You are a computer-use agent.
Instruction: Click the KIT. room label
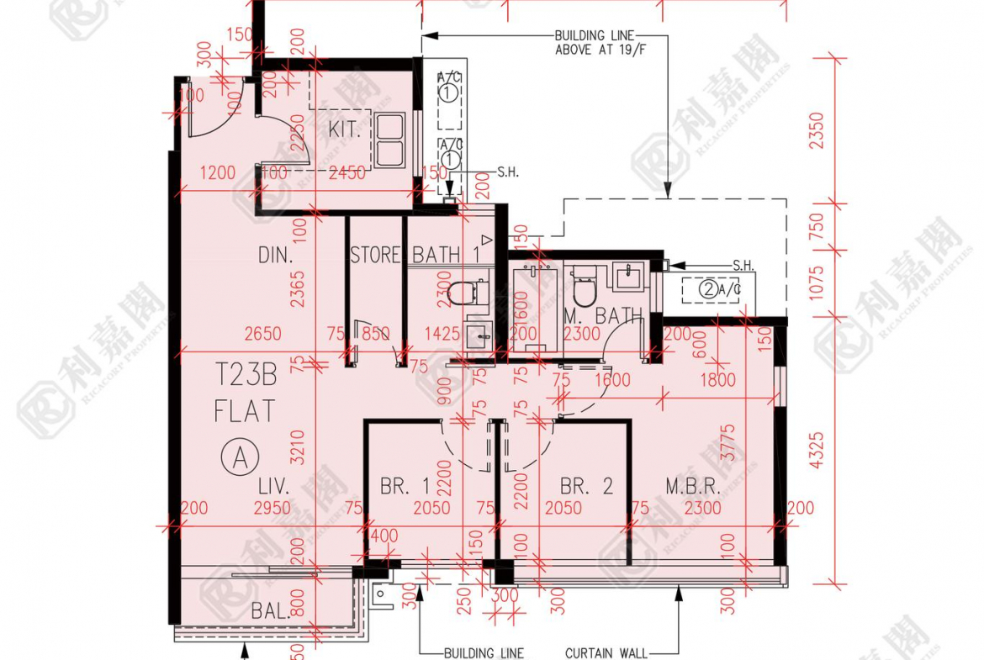coord(345,131)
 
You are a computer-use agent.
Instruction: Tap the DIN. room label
coord(275,255)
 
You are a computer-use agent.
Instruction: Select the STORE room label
coord(375,255)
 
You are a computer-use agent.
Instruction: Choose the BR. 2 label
coord(587,486)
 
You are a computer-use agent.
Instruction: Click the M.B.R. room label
coord(691,486)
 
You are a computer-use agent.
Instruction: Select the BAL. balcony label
coord(271,611)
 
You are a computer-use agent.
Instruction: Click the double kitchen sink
coord(390,140)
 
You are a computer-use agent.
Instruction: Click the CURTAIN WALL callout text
coord(606,653)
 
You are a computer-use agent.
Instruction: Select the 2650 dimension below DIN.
coord(264,334)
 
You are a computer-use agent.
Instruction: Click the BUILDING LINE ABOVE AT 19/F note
coord(591,42)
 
